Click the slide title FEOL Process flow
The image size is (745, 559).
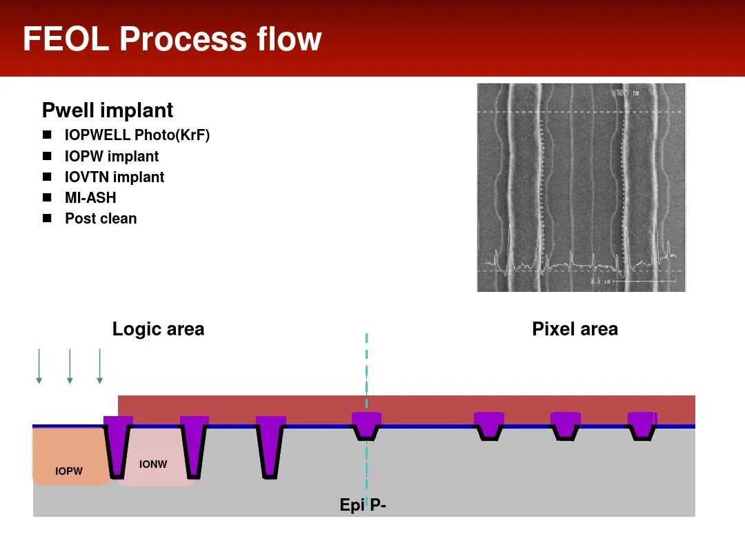click(172, 39)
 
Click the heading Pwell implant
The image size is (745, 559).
click(108, 110)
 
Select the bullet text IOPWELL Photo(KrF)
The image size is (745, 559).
click(137, 135)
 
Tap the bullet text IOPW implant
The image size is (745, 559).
click(112, 156)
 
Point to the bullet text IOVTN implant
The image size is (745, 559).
click(115, 177)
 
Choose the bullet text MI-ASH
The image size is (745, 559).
click(90, 197)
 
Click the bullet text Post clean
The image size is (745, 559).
click(101, 218)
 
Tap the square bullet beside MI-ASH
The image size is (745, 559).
click(47, 197)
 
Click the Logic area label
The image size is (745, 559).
click(158, 329)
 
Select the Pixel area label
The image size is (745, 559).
click(575, 329)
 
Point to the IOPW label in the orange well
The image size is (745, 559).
click(69, 471)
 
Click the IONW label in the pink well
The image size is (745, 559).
click(153, 464)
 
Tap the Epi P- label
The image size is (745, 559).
click(363, 505)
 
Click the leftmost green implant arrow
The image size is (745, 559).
click(39, 366)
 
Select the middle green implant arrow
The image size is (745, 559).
click(70, 366)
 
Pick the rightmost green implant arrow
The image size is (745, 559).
click(100, 366)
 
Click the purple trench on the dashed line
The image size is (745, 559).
click(366, 424)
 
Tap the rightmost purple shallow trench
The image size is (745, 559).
click(642, 424)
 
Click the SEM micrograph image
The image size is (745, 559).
click(581, 187)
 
